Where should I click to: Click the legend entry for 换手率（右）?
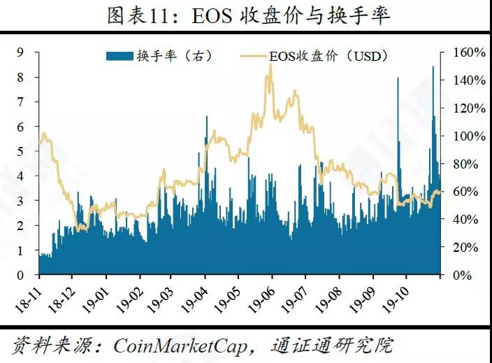click(157, 55)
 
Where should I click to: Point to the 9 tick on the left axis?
click(22, 52)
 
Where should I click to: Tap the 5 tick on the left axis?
click(22, 151)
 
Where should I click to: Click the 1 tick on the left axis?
click(22, 250)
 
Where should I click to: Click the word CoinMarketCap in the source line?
click(184, 345)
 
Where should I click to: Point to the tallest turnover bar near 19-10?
click(433, 68)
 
